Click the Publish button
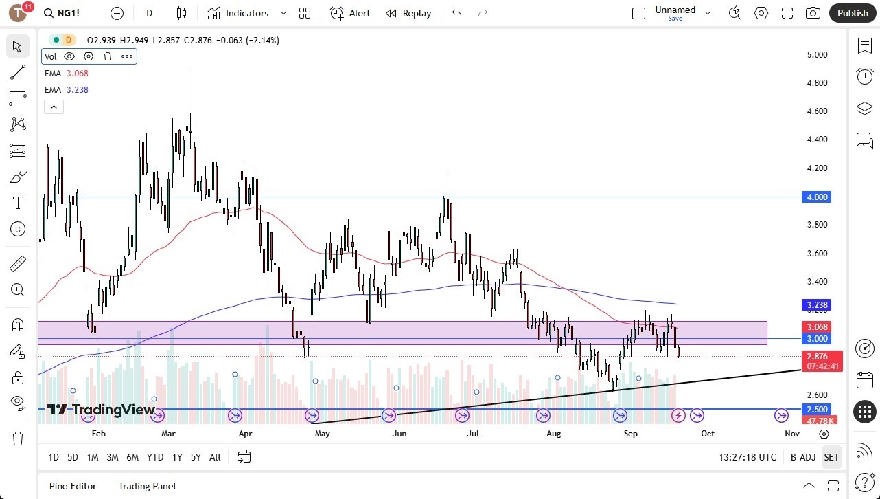(853, 13)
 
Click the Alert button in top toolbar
(350, 13)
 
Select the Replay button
(408, 13)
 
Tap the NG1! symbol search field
(69, 13)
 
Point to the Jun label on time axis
(400, 434)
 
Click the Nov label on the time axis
(791, 434)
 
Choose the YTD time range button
(155, 457)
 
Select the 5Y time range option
(196, 457)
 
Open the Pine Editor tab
(73, 486)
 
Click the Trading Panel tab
(147, 486)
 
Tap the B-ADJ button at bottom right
(802, 457)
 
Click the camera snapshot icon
(813, 13)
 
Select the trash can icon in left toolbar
(18, 438)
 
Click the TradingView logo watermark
(101, 410)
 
